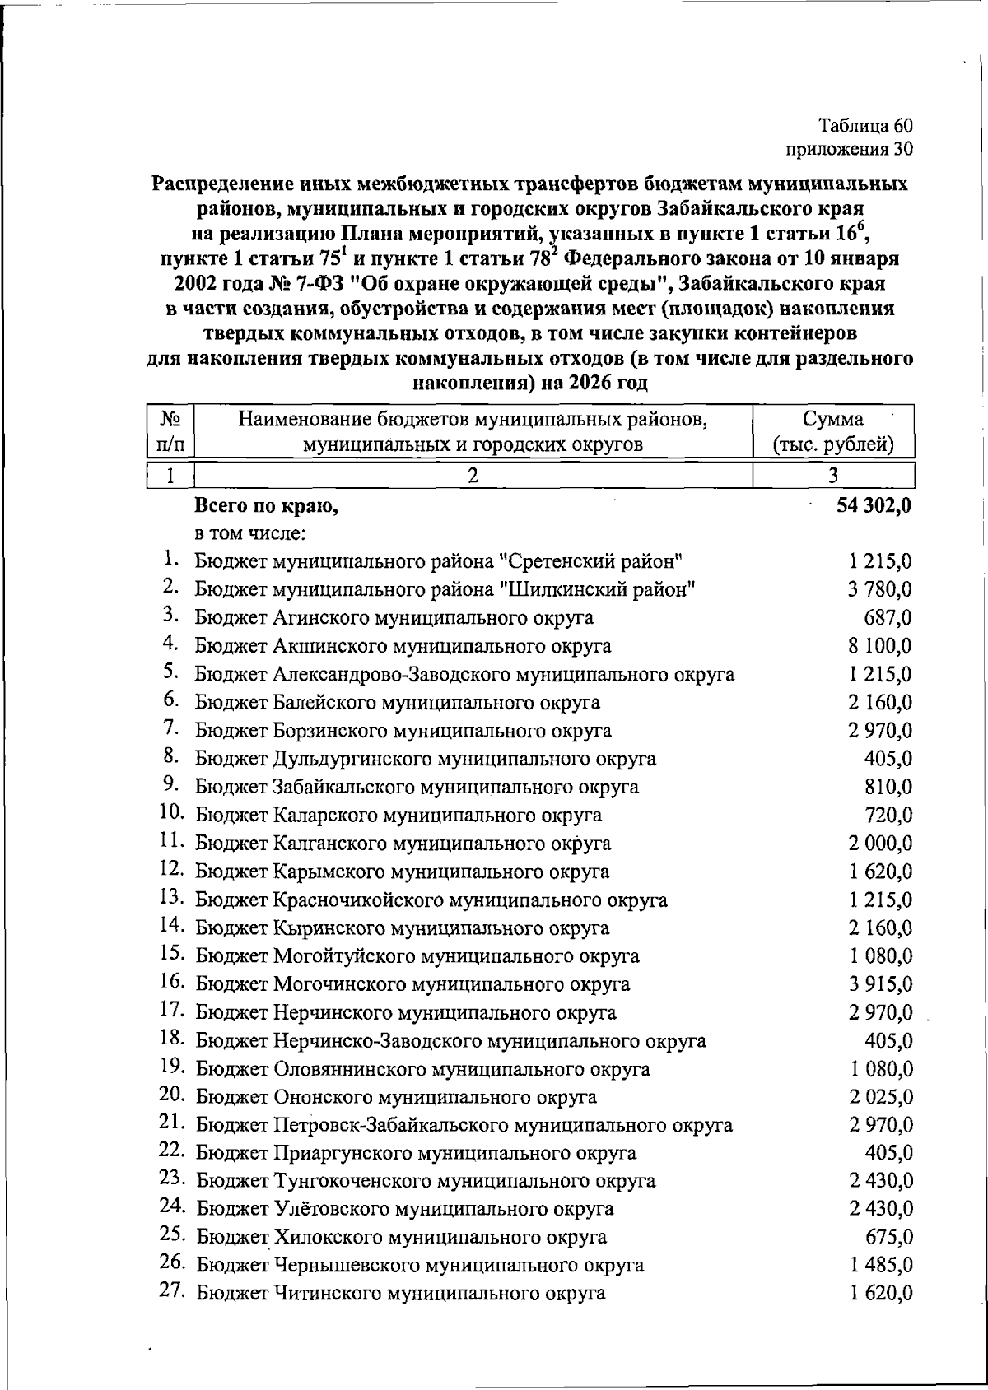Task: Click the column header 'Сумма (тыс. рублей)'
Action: [833, 432]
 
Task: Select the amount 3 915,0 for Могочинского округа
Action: [879, 984]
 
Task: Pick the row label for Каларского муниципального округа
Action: [398, 816]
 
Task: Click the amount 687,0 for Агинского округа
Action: [886, 618]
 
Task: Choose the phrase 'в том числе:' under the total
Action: [249, 534]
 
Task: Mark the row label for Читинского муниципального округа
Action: [400, 1294]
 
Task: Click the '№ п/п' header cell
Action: [170, 432]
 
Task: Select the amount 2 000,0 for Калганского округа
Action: [879, 844]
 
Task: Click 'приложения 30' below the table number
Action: [849, 149]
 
